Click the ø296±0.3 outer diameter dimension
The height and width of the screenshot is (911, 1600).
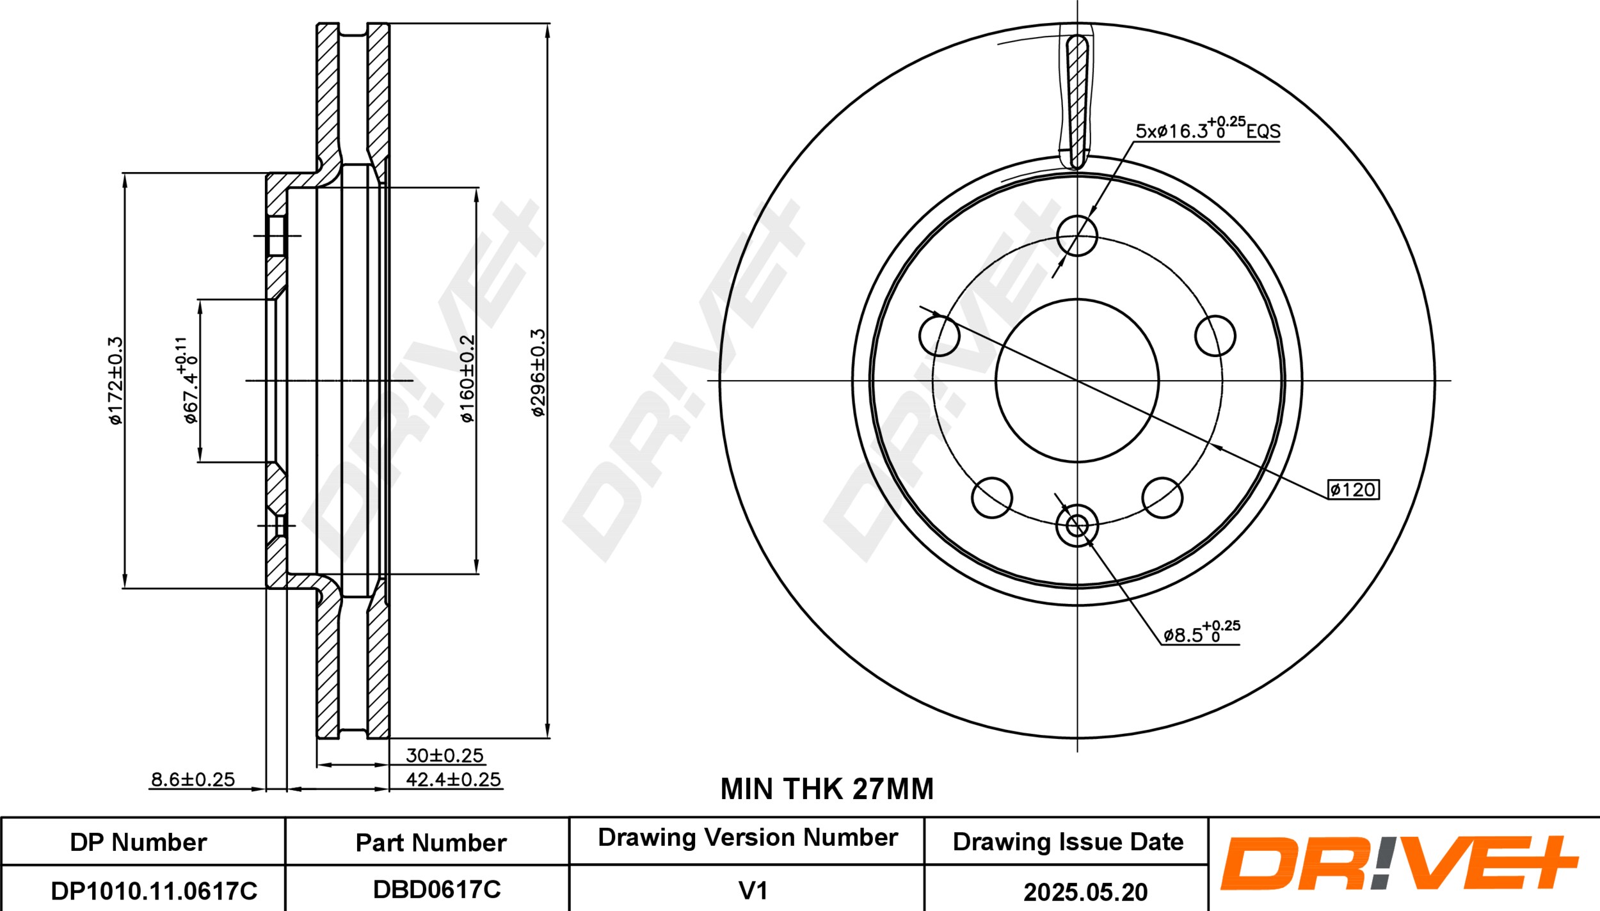[538, 373]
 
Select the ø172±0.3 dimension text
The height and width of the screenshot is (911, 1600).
[115, 381]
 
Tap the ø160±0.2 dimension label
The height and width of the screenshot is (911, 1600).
[468, 379]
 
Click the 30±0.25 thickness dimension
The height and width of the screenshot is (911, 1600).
[444, 756]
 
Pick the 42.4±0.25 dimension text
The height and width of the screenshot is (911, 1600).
[453, 779]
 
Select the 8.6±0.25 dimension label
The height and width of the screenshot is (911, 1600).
[193, 779]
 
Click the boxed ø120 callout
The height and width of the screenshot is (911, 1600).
[1353, 489]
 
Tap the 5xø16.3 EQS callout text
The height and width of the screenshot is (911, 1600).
[1208, 128]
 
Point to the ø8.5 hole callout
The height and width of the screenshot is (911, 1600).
[1201, 632]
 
